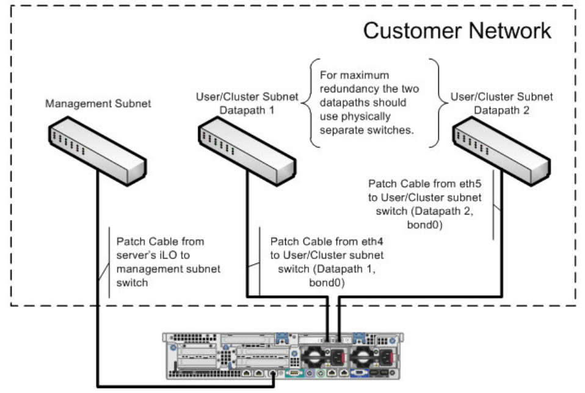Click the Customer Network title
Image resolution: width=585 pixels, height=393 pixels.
tap(457, 31)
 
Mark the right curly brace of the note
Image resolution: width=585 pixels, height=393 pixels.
tap(435, 103)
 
